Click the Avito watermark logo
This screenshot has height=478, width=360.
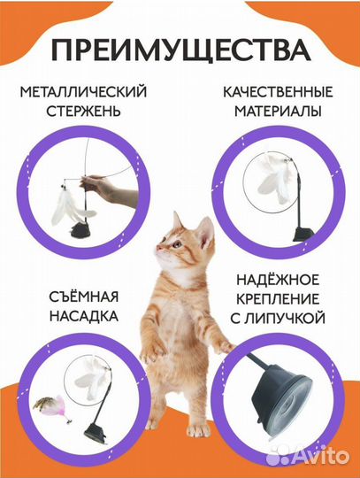tap(322, 458)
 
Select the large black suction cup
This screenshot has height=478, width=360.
tap(279, 417)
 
